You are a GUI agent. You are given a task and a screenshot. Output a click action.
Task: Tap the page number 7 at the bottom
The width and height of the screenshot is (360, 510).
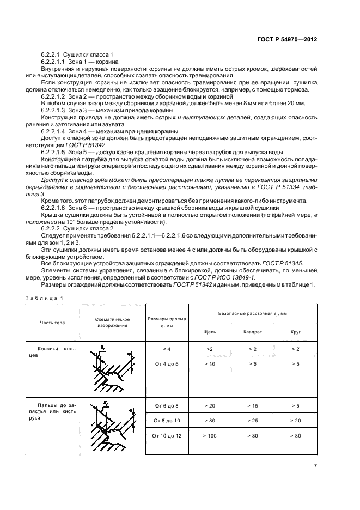point(315,465)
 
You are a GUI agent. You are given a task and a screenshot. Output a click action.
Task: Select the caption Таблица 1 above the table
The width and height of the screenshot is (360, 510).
point(45,297)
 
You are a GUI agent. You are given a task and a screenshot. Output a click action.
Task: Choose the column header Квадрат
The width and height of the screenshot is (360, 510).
point(253,331)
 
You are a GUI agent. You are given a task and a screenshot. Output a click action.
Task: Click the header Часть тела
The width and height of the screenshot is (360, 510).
point(52,323)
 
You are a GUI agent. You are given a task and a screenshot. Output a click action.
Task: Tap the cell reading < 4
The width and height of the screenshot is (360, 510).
point(166,348)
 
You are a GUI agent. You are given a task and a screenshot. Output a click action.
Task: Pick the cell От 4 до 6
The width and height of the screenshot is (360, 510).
point(166,363)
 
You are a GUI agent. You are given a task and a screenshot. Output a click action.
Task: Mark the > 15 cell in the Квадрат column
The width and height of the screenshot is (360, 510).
point(253,406)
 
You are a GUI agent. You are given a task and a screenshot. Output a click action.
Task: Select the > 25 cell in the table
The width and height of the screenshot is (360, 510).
point(253,421)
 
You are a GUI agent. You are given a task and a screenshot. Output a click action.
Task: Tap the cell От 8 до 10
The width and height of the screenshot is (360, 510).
point(166,421)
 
